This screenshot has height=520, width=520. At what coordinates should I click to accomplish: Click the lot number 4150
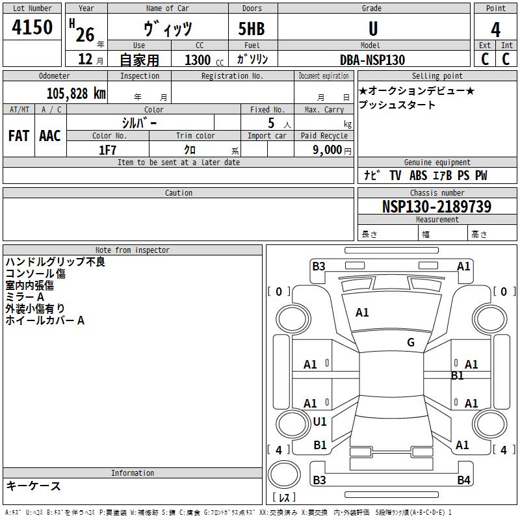(x=32, y=27)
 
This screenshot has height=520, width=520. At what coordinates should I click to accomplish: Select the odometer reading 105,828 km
(x=76, y=94)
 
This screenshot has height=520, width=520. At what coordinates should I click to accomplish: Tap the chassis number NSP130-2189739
(x=436, y=206)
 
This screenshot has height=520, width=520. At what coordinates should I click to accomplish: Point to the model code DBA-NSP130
(x=372, y=60)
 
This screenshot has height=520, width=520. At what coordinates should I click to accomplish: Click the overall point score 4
(x=495, y=29)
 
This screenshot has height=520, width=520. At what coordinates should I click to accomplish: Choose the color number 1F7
(x=107, y=150)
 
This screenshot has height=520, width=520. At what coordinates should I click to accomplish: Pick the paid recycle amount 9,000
(x=327, y=149)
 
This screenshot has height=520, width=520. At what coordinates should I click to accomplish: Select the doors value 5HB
(x=252, y=29)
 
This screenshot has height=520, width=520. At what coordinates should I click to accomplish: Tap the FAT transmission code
(x=19, y=136)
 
